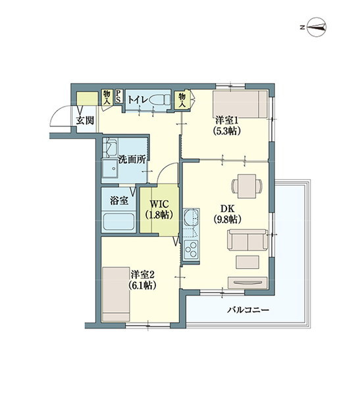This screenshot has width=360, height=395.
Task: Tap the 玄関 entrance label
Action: pyautogui.click(x=85, y=120)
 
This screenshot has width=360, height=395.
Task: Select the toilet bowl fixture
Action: pyautogui.click(x=160, y=100)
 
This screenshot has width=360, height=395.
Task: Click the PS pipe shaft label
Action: pyautogui.click(x=118, y=97)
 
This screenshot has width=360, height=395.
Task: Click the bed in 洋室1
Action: pyautogui.click(x=240, y=104)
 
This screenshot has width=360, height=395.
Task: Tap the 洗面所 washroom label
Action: pyautogui.click(x=132, y=159)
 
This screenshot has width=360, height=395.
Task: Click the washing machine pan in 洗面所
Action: pyautogui.click(x=110, y=169)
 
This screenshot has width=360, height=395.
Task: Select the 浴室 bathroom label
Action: pyautogui.click(x=119, y=201)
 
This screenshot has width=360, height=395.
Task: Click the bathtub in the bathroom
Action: pyautogui.click(x=118, y=222)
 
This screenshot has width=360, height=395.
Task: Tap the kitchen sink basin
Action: pyautogui.click(x=192, y=217)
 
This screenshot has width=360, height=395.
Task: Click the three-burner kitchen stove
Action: pyautogui.click(x=191, y=250)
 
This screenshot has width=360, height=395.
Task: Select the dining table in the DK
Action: pyautogui.click(x=247, y=186)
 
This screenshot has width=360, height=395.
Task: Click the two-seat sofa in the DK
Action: pyautogui.click(x=247, y=240)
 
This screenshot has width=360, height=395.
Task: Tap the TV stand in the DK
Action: pyautogui.click(x=247, y=282)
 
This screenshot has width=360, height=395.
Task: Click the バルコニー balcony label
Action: pyautogui.click(x=248, y=309)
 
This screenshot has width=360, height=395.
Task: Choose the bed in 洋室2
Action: pyautogui.click(x=116, y=294)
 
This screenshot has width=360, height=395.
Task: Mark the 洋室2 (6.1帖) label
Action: pyautogui.click(x=143, y=280)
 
